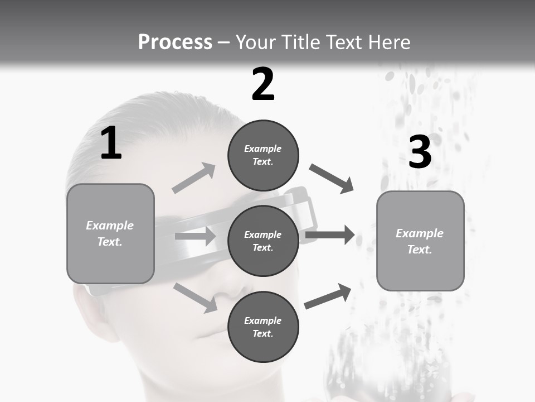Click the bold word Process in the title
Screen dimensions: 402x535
click(175, 42)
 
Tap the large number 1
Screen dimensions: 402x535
click(111, 143)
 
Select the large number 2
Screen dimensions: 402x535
click(263, 84)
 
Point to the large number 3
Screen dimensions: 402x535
click(420, 152)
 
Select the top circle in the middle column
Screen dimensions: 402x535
click(263, 155)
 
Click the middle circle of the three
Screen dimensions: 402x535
click(263, 241)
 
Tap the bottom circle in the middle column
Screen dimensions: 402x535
click(263, 327)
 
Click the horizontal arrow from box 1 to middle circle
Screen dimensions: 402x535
click(195, 236)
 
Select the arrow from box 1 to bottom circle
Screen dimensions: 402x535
click(196, 297)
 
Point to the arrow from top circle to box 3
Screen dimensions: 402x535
click(331, 179)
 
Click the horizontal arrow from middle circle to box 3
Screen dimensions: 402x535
click(329, 234)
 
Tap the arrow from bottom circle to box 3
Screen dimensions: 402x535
click(328, 296)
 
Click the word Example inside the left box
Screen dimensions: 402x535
click(110, 226)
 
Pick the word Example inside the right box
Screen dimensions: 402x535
click(420, 233)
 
